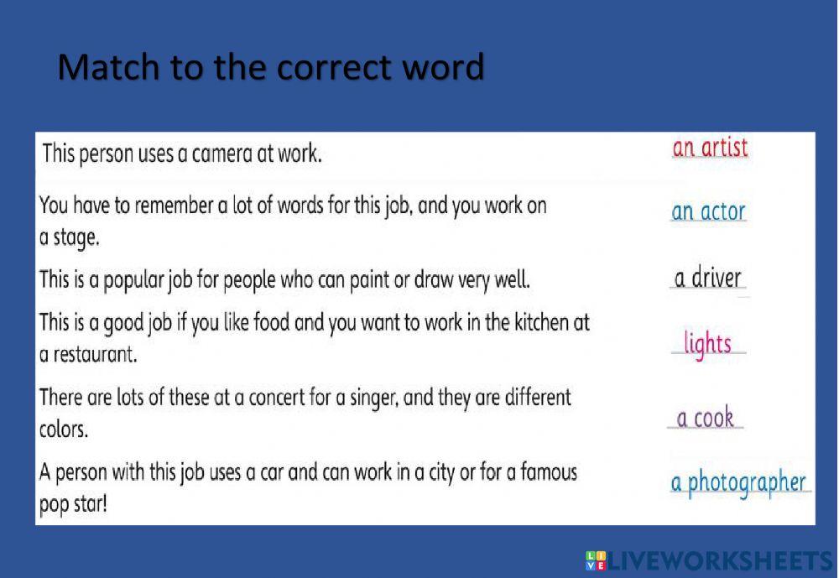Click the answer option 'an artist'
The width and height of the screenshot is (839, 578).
[709, 148]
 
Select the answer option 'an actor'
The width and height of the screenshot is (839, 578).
[708, 212]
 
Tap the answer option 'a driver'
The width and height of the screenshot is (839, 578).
[708, 278]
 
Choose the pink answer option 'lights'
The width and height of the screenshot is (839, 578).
[707, 343]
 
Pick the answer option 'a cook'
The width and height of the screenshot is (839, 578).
[706, 417]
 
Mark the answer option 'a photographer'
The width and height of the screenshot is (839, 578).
[738, 484]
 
